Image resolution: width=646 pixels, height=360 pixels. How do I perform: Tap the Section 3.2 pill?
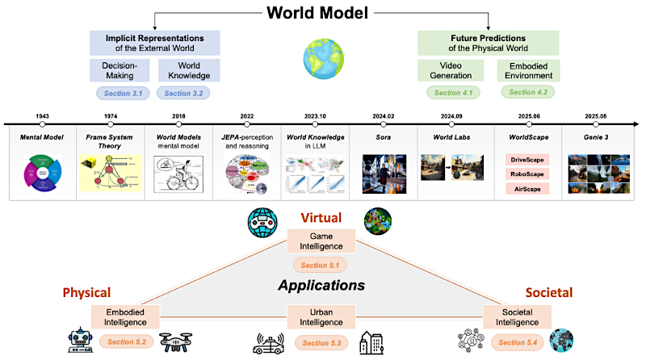187,93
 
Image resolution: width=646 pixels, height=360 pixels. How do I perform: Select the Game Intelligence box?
321,241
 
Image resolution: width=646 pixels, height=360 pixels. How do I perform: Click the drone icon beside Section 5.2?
176,342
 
